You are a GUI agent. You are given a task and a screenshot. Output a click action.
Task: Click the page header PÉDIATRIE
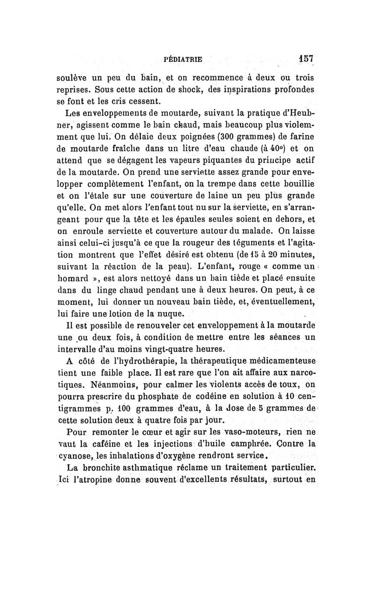click(x=182, y=60)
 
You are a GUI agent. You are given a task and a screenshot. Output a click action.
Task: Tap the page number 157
click(x=307, y=59)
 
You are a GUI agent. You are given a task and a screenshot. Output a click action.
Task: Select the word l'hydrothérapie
click(x=125, y=360)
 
